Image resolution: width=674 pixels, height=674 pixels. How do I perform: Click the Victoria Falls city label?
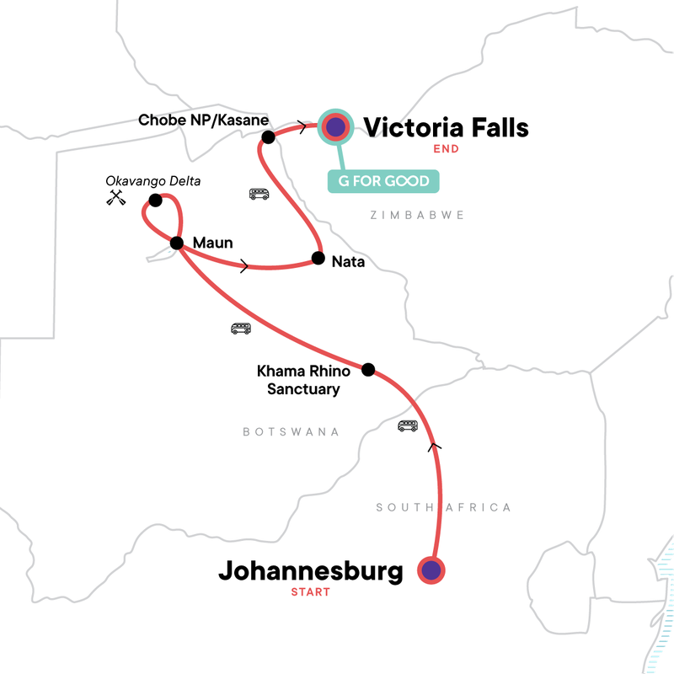(x=446, y=127)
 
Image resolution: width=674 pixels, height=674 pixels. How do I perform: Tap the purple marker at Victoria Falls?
(x=336, y=128)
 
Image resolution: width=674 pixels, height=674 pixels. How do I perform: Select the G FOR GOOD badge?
(x=384, y=181)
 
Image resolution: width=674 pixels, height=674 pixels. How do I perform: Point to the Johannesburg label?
(x=311, y=570)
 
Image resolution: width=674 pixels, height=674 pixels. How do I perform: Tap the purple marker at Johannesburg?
(x=431, y=570)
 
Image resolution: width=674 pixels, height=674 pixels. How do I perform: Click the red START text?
(x=311, y=592)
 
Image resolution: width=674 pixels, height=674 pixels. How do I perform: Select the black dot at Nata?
(x=318, y=258)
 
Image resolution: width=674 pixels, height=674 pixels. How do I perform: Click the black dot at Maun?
(x=177, y=243)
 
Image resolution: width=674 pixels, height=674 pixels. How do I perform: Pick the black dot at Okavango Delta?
(x=155, y=201)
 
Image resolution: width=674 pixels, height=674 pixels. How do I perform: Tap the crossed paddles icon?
(x=116, y=200)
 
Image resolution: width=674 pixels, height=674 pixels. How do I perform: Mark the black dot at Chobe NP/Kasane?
(x=268, y=137)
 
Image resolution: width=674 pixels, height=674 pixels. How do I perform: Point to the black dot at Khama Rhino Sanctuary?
(x=367, y=369)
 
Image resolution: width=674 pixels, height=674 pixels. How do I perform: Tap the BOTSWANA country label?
(x=291, y=431)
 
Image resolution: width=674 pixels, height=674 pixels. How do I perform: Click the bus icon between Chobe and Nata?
(x=259, y=194)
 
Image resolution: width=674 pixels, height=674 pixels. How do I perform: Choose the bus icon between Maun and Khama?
(x=240, y=328)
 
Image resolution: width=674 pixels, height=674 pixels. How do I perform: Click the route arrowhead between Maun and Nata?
(x=244, y=266)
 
